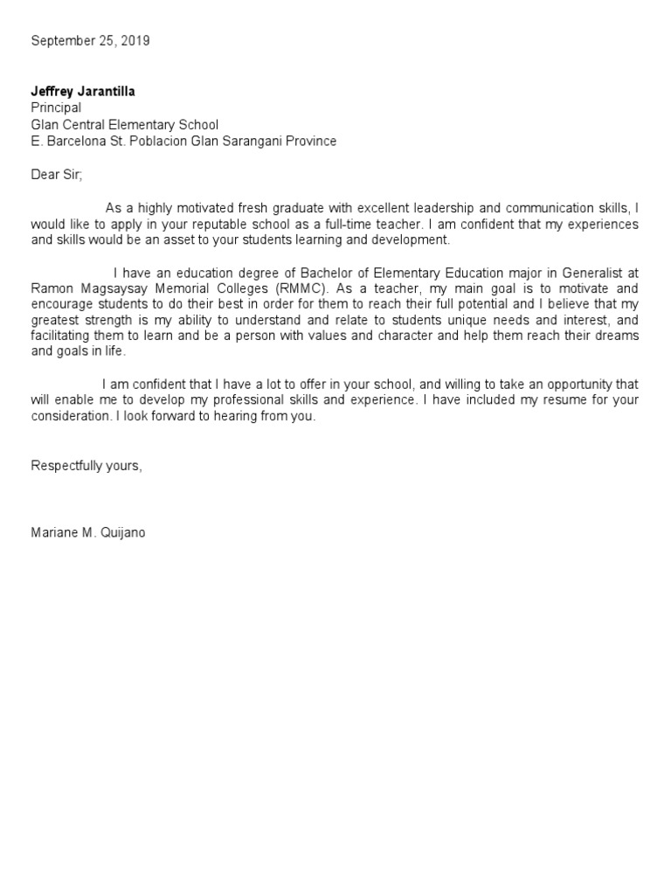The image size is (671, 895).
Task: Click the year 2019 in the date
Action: click(135, 41)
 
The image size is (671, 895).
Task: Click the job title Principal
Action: click(56, 108)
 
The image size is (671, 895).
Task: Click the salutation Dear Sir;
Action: click(56, 174)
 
